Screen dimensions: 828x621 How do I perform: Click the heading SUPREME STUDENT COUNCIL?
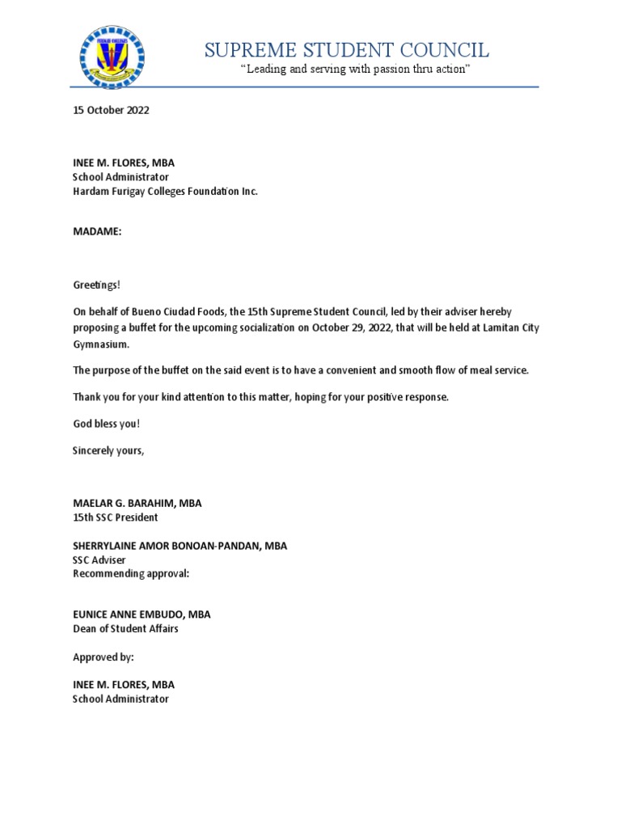[x=347, y=51]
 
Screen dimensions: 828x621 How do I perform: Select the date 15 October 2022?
[x=111, y=112]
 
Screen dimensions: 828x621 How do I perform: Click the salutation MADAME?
[x=97, y=232]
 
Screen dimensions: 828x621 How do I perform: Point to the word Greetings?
[x=96, y=285]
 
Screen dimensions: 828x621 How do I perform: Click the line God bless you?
[x=100, y=424]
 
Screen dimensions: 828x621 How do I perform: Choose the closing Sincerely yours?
[x=108, y=450]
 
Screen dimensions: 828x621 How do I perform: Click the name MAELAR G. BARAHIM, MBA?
[x=137, y=503]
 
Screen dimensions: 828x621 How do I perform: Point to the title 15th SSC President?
[x=116, y=517]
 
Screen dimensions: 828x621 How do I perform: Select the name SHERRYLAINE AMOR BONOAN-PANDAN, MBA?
[x=180, y=546]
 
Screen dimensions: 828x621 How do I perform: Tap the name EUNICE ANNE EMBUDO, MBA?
[x=142, y=615]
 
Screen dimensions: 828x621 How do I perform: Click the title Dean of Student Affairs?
[x=125, y=629]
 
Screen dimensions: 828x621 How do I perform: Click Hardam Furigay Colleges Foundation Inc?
[x=165, y=192]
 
